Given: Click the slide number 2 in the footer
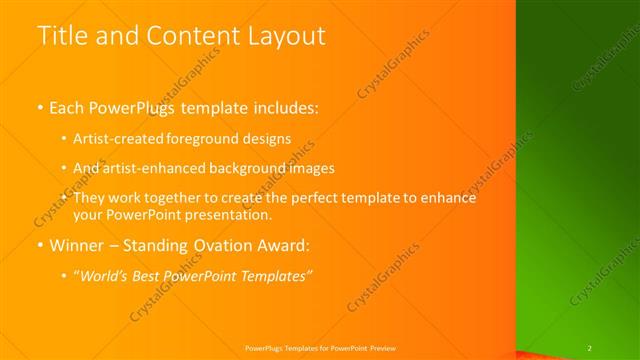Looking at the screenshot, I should tap(590, 347).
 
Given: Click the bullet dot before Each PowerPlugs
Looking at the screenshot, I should tap(40, 106).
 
